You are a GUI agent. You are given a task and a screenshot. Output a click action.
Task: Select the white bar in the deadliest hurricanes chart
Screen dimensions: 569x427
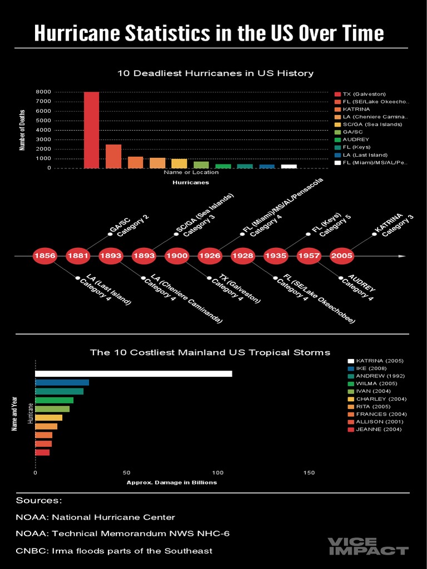coord(289,166)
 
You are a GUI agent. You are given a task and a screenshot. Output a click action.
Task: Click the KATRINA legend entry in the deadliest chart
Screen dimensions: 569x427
coord(356,109)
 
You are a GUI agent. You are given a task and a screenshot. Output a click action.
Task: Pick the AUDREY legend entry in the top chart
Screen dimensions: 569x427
coord(355,139)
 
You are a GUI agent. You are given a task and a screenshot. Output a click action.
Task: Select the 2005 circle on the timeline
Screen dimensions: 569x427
coord(341,256)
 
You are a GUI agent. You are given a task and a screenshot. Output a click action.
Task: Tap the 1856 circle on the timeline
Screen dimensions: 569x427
coord(44,256)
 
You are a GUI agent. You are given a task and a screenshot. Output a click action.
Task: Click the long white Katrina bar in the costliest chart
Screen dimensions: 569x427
coord(133,373)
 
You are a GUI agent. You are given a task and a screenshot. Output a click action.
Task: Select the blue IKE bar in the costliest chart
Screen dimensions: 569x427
coord(62,382)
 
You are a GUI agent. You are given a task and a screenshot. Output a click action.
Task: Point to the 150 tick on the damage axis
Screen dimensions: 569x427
coord(309,473)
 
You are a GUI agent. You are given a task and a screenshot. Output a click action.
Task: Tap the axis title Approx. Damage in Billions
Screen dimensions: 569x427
coord(172,482)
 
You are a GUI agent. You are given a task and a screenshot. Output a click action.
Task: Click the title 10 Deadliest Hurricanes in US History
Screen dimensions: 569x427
coord(215,73)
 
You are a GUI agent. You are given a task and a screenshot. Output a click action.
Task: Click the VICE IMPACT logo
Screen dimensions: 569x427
coord(368,546)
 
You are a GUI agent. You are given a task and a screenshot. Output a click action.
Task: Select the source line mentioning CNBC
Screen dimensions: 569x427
coord(114,551)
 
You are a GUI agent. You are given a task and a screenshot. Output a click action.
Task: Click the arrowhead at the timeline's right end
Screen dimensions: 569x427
coord(402,256)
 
